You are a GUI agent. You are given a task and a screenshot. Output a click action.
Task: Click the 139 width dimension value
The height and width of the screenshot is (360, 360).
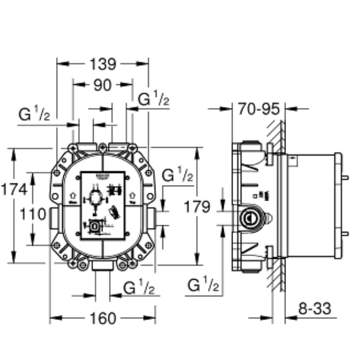coord(103,64)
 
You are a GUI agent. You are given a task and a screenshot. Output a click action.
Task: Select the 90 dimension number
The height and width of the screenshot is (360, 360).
coord(102,85)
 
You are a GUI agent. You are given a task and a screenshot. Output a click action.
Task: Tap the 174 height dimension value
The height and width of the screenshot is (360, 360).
coord(14,189)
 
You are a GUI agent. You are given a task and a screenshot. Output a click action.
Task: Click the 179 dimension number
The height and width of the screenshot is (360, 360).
coord(197,207)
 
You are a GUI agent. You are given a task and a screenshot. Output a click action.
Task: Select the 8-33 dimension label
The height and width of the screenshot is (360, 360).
coord(314,309)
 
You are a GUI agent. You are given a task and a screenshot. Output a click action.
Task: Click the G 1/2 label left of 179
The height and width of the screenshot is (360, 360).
coord(177,176)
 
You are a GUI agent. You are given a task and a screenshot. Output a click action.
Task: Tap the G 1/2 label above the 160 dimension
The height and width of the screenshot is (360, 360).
coord(139,289)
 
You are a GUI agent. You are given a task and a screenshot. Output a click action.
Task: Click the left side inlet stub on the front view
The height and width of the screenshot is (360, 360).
coord(55,218)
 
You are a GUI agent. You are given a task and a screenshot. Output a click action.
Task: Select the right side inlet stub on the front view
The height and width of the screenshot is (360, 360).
coord(151,218)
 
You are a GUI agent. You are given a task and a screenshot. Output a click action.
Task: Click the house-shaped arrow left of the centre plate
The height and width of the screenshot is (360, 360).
coord(73,196)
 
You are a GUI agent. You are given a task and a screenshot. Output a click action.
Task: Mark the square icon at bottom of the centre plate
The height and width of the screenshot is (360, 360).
coord(95,224)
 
